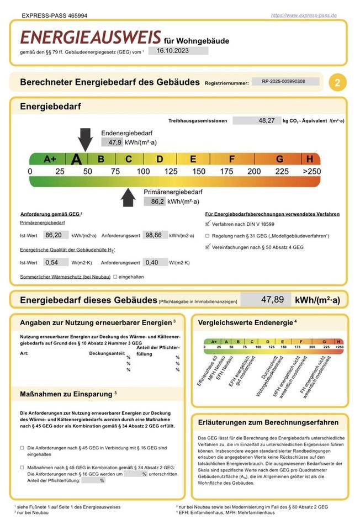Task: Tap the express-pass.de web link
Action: [304, 15]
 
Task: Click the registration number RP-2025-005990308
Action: [285, 82]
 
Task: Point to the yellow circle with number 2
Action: [337, 83]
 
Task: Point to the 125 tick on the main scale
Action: [171, 172]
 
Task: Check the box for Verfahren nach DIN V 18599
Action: [208, 225]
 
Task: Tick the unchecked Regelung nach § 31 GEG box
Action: [208, 236]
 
